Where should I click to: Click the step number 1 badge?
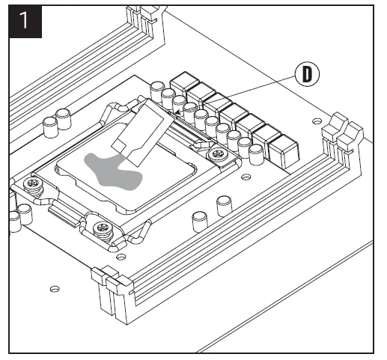click(25, 22)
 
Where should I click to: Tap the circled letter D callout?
click(307, 74)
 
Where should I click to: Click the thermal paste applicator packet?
click(143, 132)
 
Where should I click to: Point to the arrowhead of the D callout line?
click(177, 112)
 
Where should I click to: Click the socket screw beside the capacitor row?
click(218, 154)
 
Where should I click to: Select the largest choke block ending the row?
click(284, 151)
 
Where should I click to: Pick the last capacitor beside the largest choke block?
click(256, 155)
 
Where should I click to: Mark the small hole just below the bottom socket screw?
click(121, 256)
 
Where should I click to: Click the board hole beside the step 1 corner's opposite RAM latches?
click(317, 121)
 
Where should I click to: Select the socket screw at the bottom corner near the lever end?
click(102, 229)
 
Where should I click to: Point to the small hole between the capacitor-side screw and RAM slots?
click(246, 177)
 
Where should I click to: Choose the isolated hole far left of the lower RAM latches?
click(55, 289)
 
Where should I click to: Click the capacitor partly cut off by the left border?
click(14, 222)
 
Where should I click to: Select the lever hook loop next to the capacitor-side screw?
click(203, 144)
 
